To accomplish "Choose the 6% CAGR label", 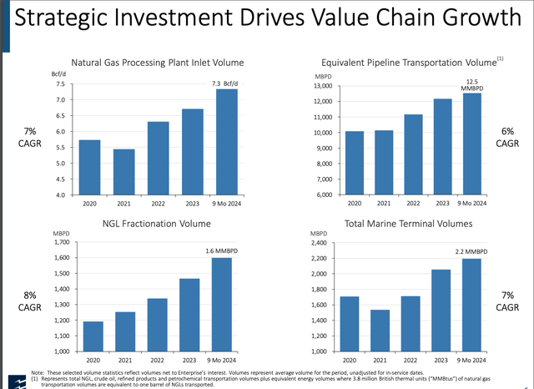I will [x=507, y=139].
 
